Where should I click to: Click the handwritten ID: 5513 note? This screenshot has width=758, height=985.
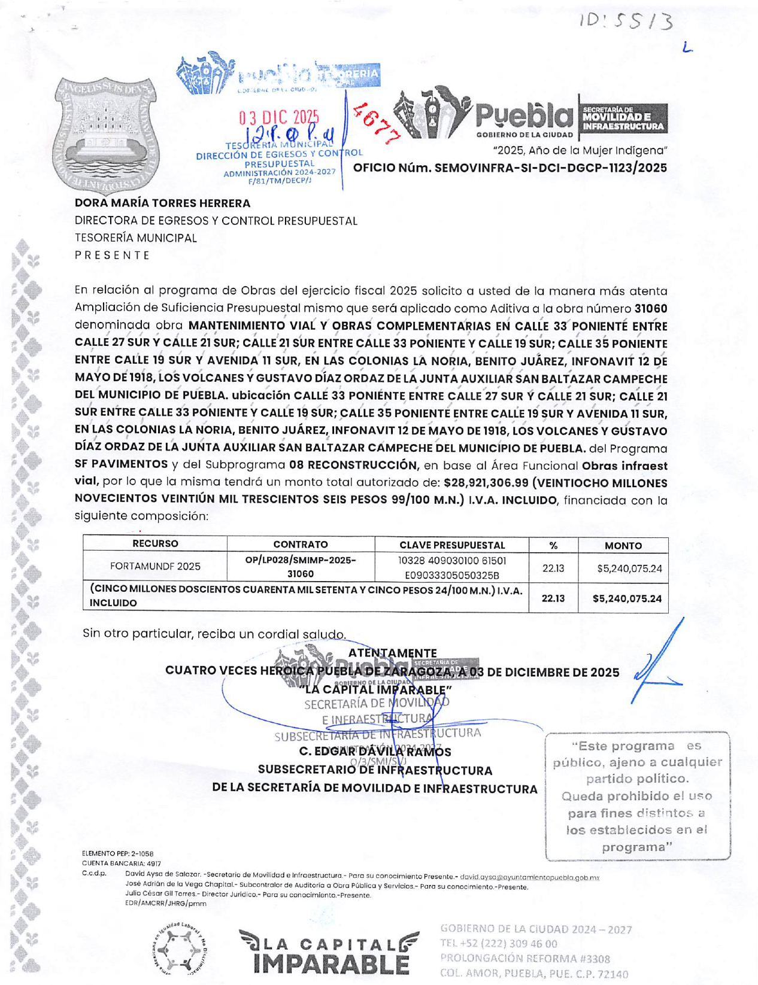[x=626, y=22]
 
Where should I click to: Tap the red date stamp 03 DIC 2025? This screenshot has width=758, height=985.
[x=279, y=117]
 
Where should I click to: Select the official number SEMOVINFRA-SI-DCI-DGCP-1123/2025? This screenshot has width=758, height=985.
[x=510, y=168]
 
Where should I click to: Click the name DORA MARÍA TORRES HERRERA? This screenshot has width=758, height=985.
[x=162, y=203]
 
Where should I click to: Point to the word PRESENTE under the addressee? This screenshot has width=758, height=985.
[x=112, y=255]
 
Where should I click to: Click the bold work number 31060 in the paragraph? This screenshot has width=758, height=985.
[x=651, y=309]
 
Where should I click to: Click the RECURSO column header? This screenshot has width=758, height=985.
[x=155, y=543]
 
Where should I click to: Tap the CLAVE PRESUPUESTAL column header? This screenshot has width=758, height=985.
[x=452, y=545]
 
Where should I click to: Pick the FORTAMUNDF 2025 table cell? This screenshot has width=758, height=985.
[x=155, y=566]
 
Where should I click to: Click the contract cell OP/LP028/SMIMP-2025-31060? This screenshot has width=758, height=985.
[x=301, y=567]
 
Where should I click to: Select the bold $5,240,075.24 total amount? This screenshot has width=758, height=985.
[x=626, y=598]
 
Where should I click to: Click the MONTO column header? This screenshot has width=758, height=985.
[x=623, y=545]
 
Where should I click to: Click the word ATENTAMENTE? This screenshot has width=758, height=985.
[x=392, y=653]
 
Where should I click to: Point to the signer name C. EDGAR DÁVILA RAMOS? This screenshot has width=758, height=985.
[x=375, y=752]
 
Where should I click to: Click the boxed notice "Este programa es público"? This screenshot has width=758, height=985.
[x=637, y=796]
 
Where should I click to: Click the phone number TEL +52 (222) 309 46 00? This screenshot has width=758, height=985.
[x=498, y=944]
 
